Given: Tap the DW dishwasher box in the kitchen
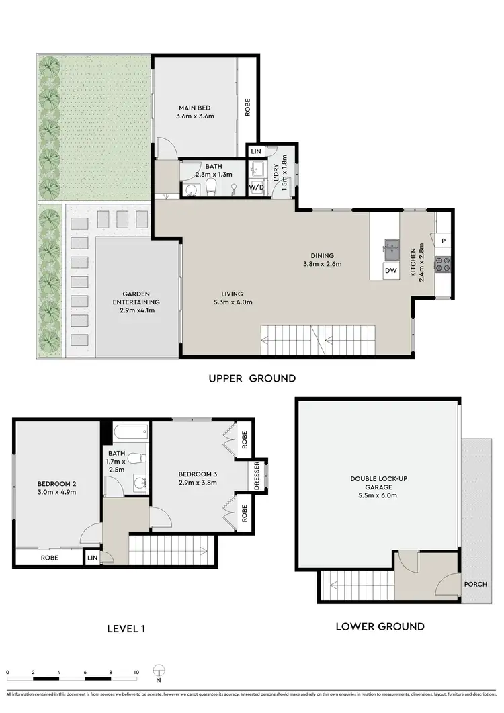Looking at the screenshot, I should (390, 271).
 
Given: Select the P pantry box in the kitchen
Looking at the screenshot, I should (444, 241).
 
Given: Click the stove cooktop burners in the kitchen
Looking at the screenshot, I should (444, 264).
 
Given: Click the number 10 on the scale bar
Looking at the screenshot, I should (136, 672).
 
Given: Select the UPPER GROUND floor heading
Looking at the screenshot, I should (252, 378).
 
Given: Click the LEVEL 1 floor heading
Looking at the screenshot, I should (126, 629).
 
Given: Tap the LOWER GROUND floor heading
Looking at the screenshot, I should (380, 626).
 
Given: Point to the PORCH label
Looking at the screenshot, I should (475, 584).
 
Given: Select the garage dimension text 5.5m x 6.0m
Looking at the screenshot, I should (378, 495).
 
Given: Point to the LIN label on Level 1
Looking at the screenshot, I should (91, 557).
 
